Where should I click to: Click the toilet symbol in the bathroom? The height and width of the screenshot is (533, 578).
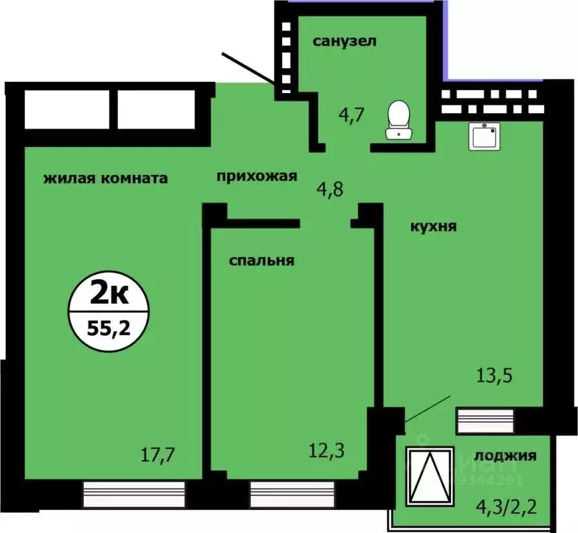click(399, 119)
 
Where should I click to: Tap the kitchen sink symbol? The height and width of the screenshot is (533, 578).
click(484, 136)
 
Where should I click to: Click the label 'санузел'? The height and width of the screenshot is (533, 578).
click(345, 41)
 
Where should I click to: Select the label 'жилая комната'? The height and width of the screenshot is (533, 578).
click(106, 178)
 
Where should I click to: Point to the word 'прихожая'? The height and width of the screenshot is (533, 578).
click(257, 176)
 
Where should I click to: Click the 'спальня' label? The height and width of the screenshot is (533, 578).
click(262, 261)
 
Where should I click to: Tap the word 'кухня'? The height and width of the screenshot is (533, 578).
click(432, 226)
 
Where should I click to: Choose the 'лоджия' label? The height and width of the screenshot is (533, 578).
click(505, 456)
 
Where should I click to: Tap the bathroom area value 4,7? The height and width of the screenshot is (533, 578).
click(352, 114)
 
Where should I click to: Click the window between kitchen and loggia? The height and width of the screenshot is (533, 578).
click(485, 419)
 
